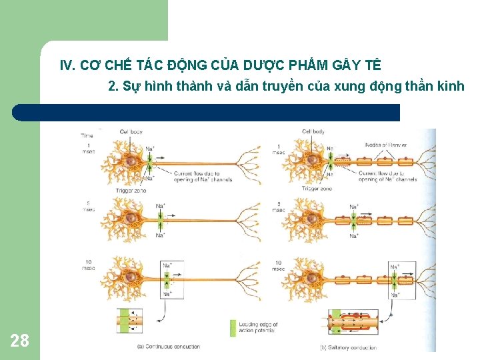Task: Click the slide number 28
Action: [20, 341]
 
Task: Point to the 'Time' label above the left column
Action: [87, 135]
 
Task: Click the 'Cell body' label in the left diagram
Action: [131, 132]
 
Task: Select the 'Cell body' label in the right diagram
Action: [314, 132]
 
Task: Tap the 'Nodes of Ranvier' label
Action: [386, 145]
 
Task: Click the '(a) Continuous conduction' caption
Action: [169, 347]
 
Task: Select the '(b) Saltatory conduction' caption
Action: [349, 347]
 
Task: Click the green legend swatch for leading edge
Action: [233, 327]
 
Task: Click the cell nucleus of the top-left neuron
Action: [131, 162]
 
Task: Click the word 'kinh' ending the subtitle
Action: [451, 86]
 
